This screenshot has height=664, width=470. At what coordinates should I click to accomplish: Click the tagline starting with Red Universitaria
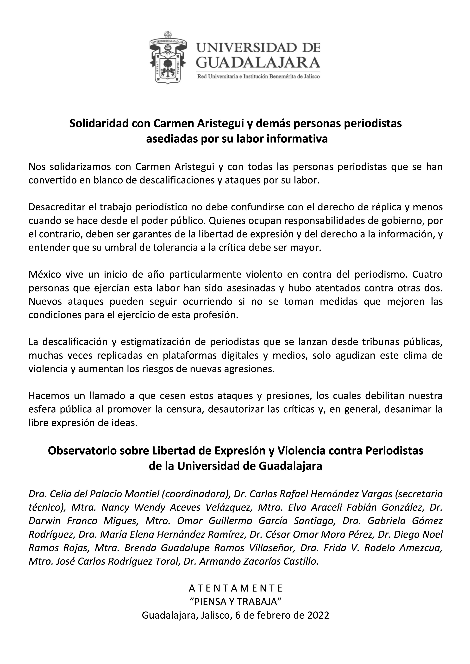pos(258,77)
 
